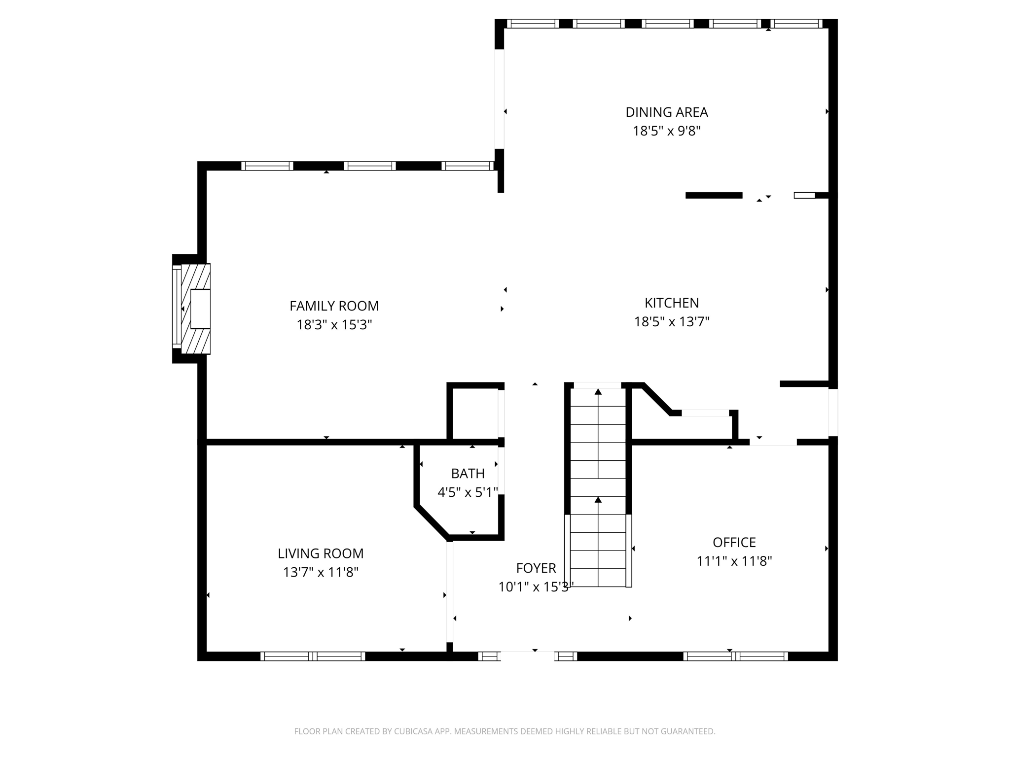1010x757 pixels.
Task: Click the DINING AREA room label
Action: (x=667, y=112)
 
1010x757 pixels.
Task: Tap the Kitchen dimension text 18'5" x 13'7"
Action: (x=672, y=322)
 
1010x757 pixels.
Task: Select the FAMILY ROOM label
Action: (x=334, y=306)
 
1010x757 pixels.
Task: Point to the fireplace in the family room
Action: (x=191, y=309)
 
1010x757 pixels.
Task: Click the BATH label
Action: (x=468, y=474)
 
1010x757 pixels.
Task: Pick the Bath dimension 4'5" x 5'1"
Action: (x=468, y=492)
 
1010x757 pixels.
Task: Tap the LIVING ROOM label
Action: (x=321, y=553)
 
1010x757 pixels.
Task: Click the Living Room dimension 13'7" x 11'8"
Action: (x=321, y=572)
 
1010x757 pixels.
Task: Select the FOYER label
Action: (x=536, y=568)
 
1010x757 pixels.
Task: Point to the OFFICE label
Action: (x=734, y=543)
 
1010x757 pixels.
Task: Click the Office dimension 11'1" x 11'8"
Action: (x=734, y=561)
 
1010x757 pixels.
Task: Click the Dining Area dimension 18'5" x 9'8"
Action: (x=667, y=131)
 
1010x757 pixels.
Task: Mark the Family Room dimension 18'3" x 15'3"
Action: (x=334, y=325)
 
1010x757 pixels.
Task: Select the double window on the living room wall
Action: (x=313, y=656)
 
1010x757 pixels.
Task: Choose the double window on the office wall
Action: (x=735, y=656)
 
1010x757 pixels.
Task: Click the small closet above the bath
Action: (x=475, y=413)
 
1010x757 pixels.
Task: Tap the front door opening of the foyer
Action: (x=527, y=656)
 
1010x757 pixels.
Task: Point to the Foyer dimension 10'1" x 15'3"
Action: (x=536, y=587)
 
